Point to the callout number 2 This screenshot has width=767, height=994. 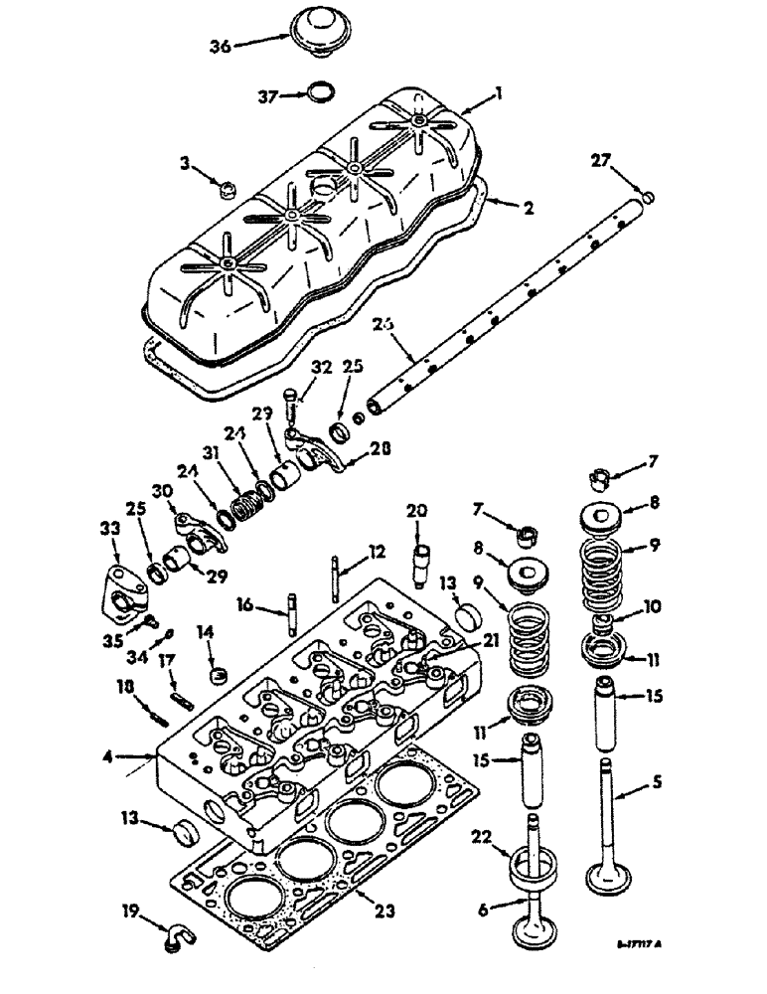(529, 209)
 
